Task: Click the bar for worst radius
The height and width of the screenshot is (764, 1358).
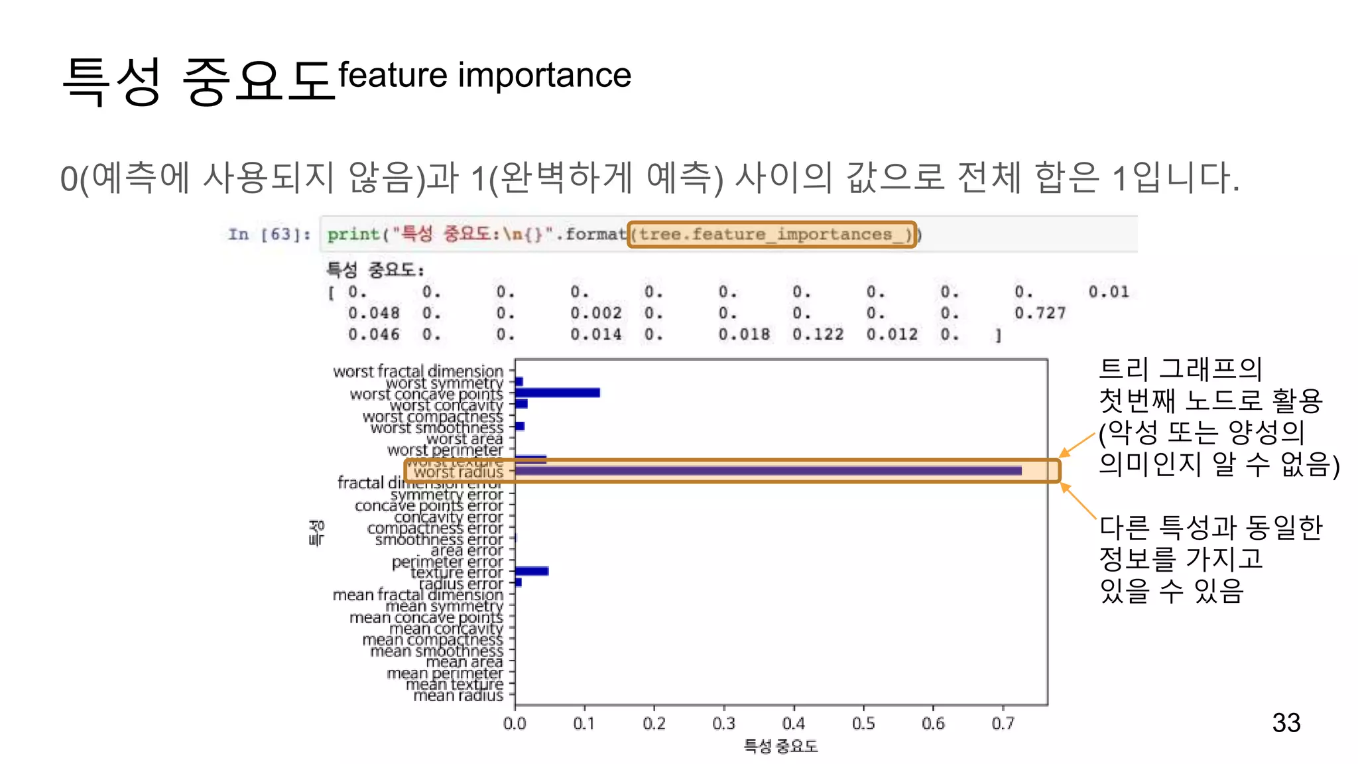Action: [x=768, y=471]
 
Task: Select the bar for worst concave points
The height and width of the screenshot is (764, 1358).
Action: [x=558, y=393]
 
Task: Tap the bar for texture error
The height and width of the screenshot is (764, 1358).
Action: [x=532, y=571]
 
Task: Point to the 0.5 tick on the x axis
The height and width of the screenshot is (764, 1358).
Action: [x=863, y=706]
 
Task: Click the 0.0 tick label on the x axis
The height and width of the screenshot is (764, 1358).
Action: [x=515, y=723]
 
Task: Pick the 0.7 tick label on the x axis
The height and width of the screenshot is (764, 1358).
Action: [x=1003, y=723]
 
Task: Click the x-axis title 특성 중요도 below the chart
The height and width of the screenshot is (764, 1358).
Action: [x=780, y=746]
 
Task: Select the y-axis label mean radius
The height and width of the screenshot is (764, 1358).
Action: [x=458, y=695]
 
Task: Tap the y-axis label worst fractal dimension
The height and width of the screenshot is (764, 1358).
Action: [x=418, y=371]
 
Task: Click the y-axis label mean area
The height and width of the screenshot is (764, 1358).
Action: [x=464, y=661]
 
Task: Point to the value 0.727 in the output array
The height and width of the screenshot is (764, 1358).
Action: [x=1040, y=313]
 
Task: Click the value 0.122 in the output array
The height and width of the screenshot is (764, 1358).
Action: [x=818, y=334]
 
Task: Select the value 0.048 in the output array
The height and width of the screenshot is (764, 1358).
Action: [x=373, y=313]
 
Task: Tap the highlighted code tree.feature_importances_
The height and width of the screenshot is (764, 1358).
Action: [x=772, y=234]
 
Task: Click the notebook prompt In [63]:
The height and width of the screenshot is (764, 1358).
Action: [x=269, y=234]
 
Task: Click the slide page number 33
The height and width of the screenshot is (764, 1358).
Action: [x=1286, y=722]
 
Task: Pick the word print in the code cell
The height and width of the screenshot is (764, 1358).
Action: [x=353, y=234]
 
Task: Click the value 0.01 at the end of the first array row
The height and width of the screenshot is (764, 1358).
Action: [x=1108, y=292]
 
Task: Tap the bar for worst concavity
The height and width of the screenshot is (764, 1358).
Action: [x=521, y=404]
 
